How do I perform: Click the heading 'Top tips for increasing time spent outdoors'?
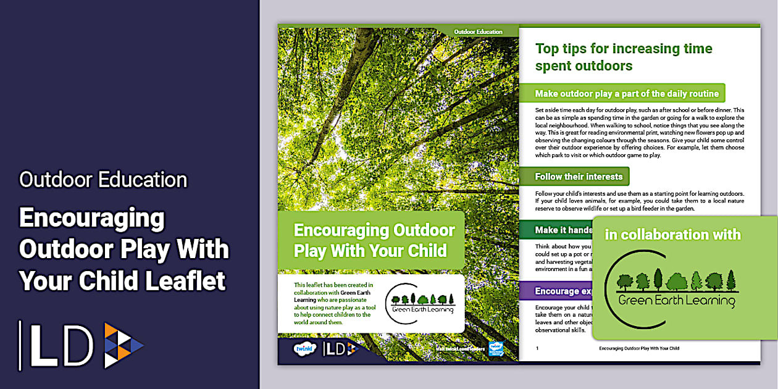click(624, 57)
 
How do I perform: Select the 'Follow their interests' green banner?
click(579, 177)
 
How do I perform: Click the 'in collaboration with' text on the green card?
click(672, 235)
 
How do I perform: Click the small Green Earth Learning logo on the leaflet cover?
click(420, 303)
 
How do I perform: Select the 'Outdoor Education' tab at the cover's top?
click(478, 31)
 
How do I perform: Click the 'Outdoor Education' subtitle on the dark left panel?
click(103, 180)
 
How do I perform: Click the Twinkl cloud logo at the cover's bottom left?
click(305, 348)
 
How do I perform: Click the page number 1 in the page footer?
click(537, 348)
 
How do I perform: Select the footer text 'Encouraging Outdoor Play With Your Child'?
click(638, 348)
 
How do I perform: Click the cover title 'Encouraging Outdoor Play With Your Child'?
click(374, 241)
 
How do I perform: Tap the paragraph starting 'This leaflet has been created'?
click(333, 303)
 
